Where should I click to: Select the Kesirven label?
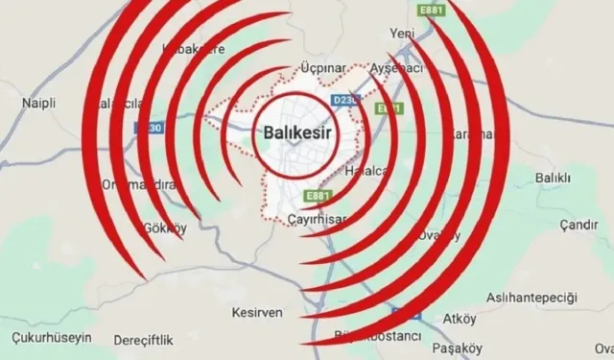pos(256,312)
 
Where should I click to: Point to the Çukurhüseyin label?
pos(51,338)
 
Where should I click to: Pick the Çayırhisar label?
pos(317,219)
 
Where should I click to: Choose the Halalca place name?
pos(367,170)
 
